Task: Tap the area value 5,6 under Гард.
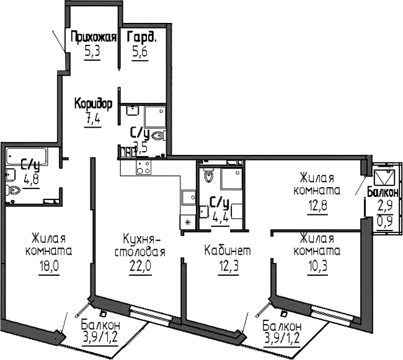coord(141,52)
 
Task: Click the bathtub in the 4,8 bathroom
coord(32,154)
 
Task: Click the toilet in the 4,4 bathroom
coord(208,177)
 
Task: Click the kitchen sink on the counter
coord(186,198)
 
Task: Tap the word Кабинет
coord(228,251)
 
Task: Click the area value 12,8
coord(319,204)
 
